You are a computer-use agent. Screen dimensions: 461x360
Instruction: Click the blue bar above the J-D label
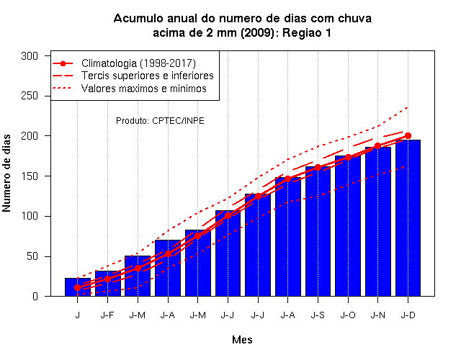click(408, 218)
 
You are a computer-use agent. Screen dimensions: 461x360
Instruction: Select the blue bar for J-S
click(318, 231)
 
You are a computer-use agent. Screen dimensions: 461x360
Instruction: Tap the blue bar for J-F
click(107, 284)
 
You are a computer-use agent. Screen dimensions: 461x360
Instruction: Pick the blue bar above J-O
click(348, 226)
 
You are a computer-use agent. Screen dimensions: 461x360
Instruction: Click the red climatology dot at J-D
click(408, 136)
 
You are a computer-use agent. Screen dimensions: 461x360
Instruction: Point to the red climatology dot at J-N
click(377, 146)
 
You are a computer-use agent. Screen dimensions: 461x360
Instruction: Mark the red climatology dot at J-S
click(318, 168)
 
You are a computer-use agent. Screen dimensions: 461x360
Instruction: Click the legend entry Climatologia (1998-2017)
click(138, 63)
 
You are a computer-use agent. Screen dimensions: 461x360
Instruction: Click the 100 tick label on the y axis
click(30, 216)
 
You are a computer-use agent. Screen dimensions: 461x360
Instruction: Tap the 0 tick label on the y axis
click(35, 296)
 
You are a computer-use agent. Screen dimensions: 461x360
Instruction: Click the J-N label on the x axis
click(377, 315)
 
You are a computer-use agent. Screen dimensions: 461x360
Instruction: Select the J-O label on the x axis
click(348, 315)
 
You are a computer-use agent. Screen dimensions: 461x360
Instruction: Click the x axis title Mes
click(242, 340)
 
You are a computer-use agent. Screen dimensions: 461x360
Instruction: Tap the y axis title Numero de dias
click(6, 173)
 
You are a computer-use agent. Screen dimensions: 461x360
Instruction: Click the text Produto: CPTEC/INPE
click(160, 121)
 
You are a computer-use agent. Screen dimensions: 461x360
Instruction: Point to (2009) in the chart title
click(258, 32)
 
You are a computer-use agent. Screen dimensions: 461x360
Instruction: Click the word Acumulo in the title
click(138, 18)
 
